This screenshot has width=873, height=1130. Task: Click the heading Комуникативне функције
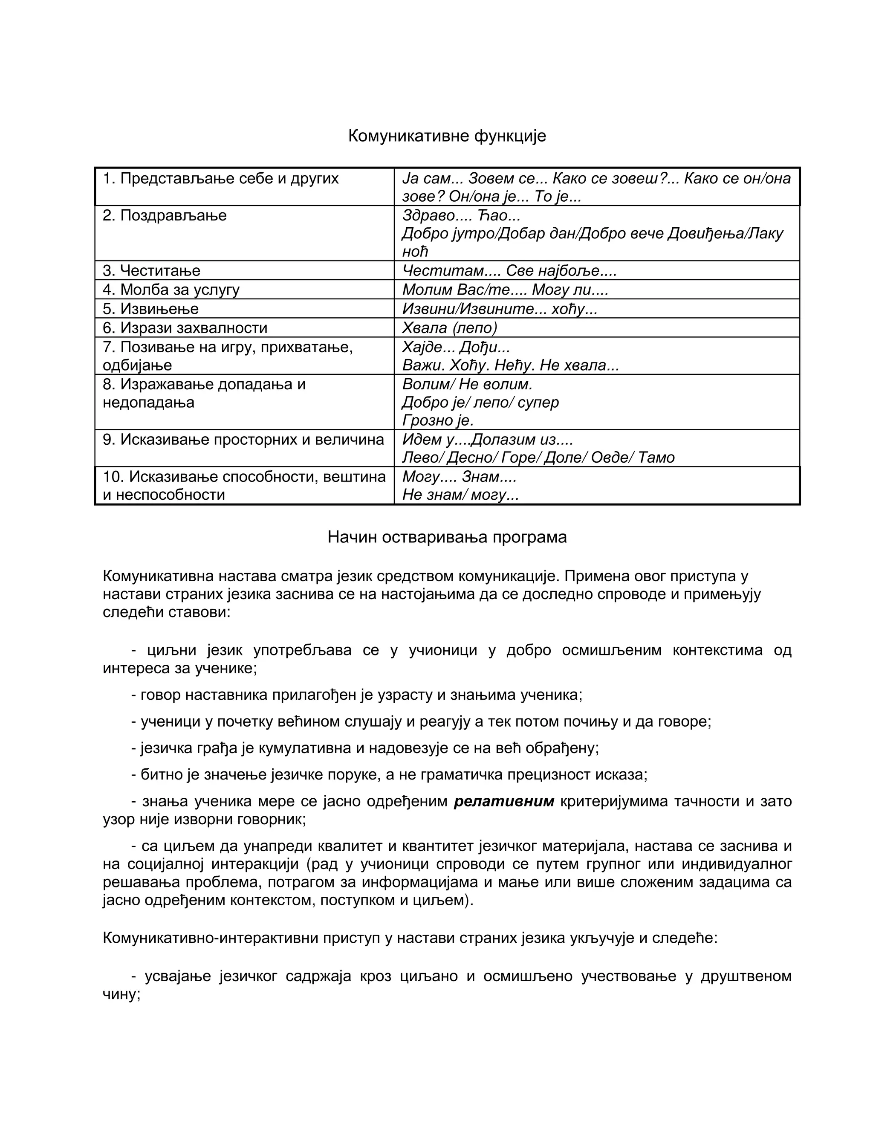point(447,136)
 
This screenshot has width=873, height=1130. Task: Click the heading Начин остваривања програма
point(447,537)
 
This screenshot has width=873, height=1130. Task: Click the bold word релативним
point(504,802)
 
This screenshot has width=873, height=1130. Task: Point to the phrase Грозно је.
point(437,420)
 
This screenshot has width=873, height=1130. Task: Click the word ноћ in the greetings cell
point(415,252)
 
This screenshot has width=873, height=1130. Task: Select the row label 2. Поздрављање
point(165,215)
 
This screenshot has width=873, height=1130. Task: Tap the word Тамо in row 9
point(656,458)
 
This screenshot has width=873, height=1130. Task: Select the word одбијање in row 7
point(137,365)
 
